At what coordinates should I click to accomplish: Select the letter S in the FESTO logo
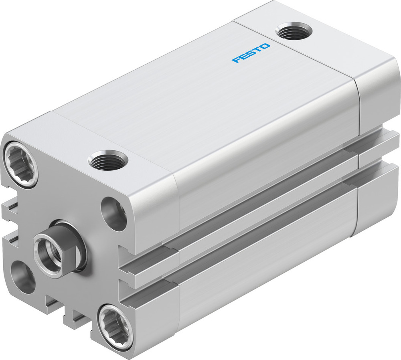pos(251,53)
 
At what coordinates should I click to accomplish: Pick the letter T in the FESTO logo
pos(259,50)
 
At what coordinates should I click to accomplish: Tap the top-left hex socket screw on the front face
pos(21,164)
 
